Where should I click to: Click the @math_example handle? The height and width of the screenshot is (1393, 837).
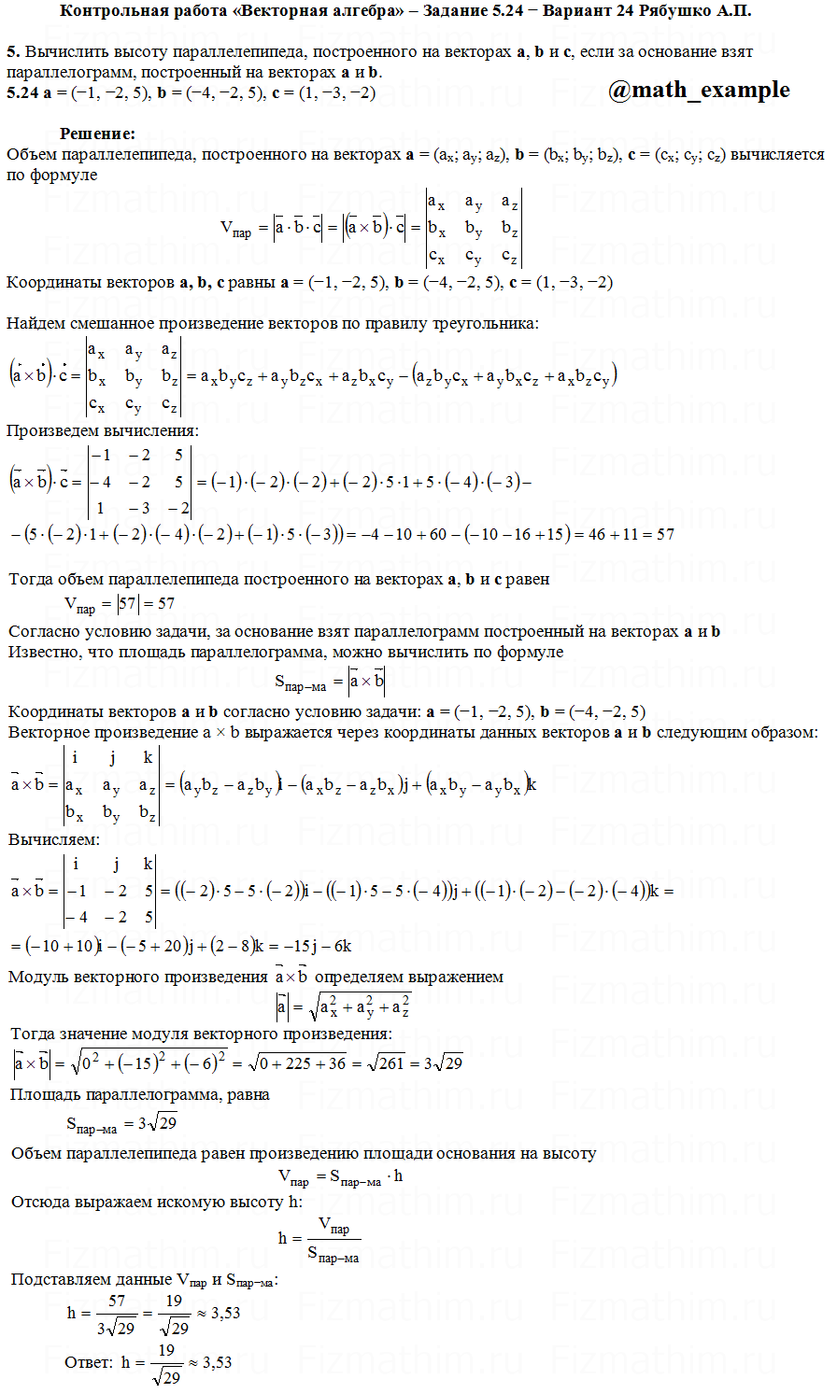pyautogui.click(x=699, y=91)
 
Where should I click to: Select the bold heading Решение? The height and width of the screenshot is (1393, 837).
pyautogui.click(x=97, y=134)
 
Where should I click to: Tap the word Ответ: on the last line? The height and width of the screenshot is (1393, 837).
pyautogui.click(x=89, y=1362)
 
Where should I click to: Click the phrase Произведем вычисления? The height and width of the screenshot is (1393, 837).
pyautogui.click(x=102, y=431)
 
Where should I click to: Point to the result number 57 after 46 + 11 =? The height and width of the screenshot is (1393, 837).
pyautogui.click(x=665, y=534)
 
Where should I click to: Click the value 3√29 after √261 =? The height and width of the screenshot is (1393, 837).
pyautogui.click(x=443, y=1062)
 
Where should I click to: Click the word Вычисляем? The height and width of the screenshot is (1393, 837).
pyautogui.click(x=54, y=839)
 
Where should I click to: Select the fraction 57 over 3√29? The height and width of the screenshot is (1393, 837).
pyautogui.click(x=117, y=1314)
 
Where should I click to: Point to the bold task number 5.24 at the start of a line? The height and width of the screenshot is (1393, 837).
pyautogui.click(x=22, y=92)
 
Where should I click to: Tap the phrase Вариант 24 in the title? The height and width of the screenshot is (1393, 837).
pyautogui.click(x=594, y=11)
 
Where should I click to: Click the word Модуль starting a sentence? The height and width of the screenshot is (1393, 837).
pyautogui.click(x=36, y=977)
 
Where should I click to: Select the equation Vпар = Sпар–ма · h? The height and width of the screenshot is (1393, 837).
pyautogui.click(x=341, y=1176)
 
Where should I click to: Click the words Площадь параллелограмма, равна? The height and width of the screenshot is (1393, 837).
pyautogui.click(x=140, y=1094)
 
